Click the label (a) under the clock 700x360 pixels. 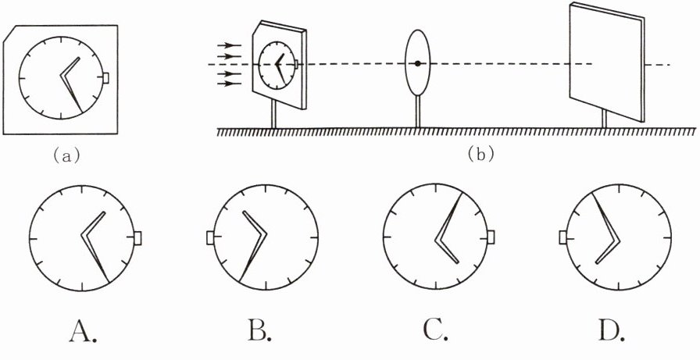(65, 155)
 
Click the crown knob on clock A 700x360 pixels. (137, 237)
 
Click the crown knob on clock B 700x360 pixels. (210, 237)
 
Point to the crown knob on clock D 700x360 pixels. (563, 237)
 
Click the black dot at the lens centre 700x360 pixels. (419, 63)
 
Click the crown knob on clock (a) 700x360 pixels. (106, 77)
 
